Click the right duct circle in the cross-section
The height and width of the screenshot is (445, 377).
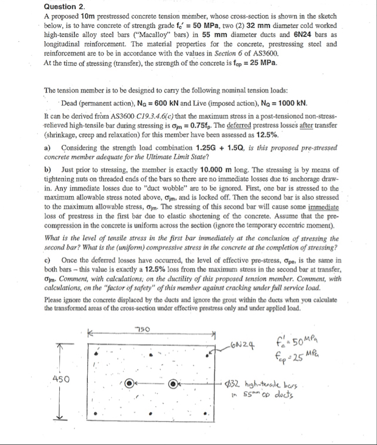point(174,380)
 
